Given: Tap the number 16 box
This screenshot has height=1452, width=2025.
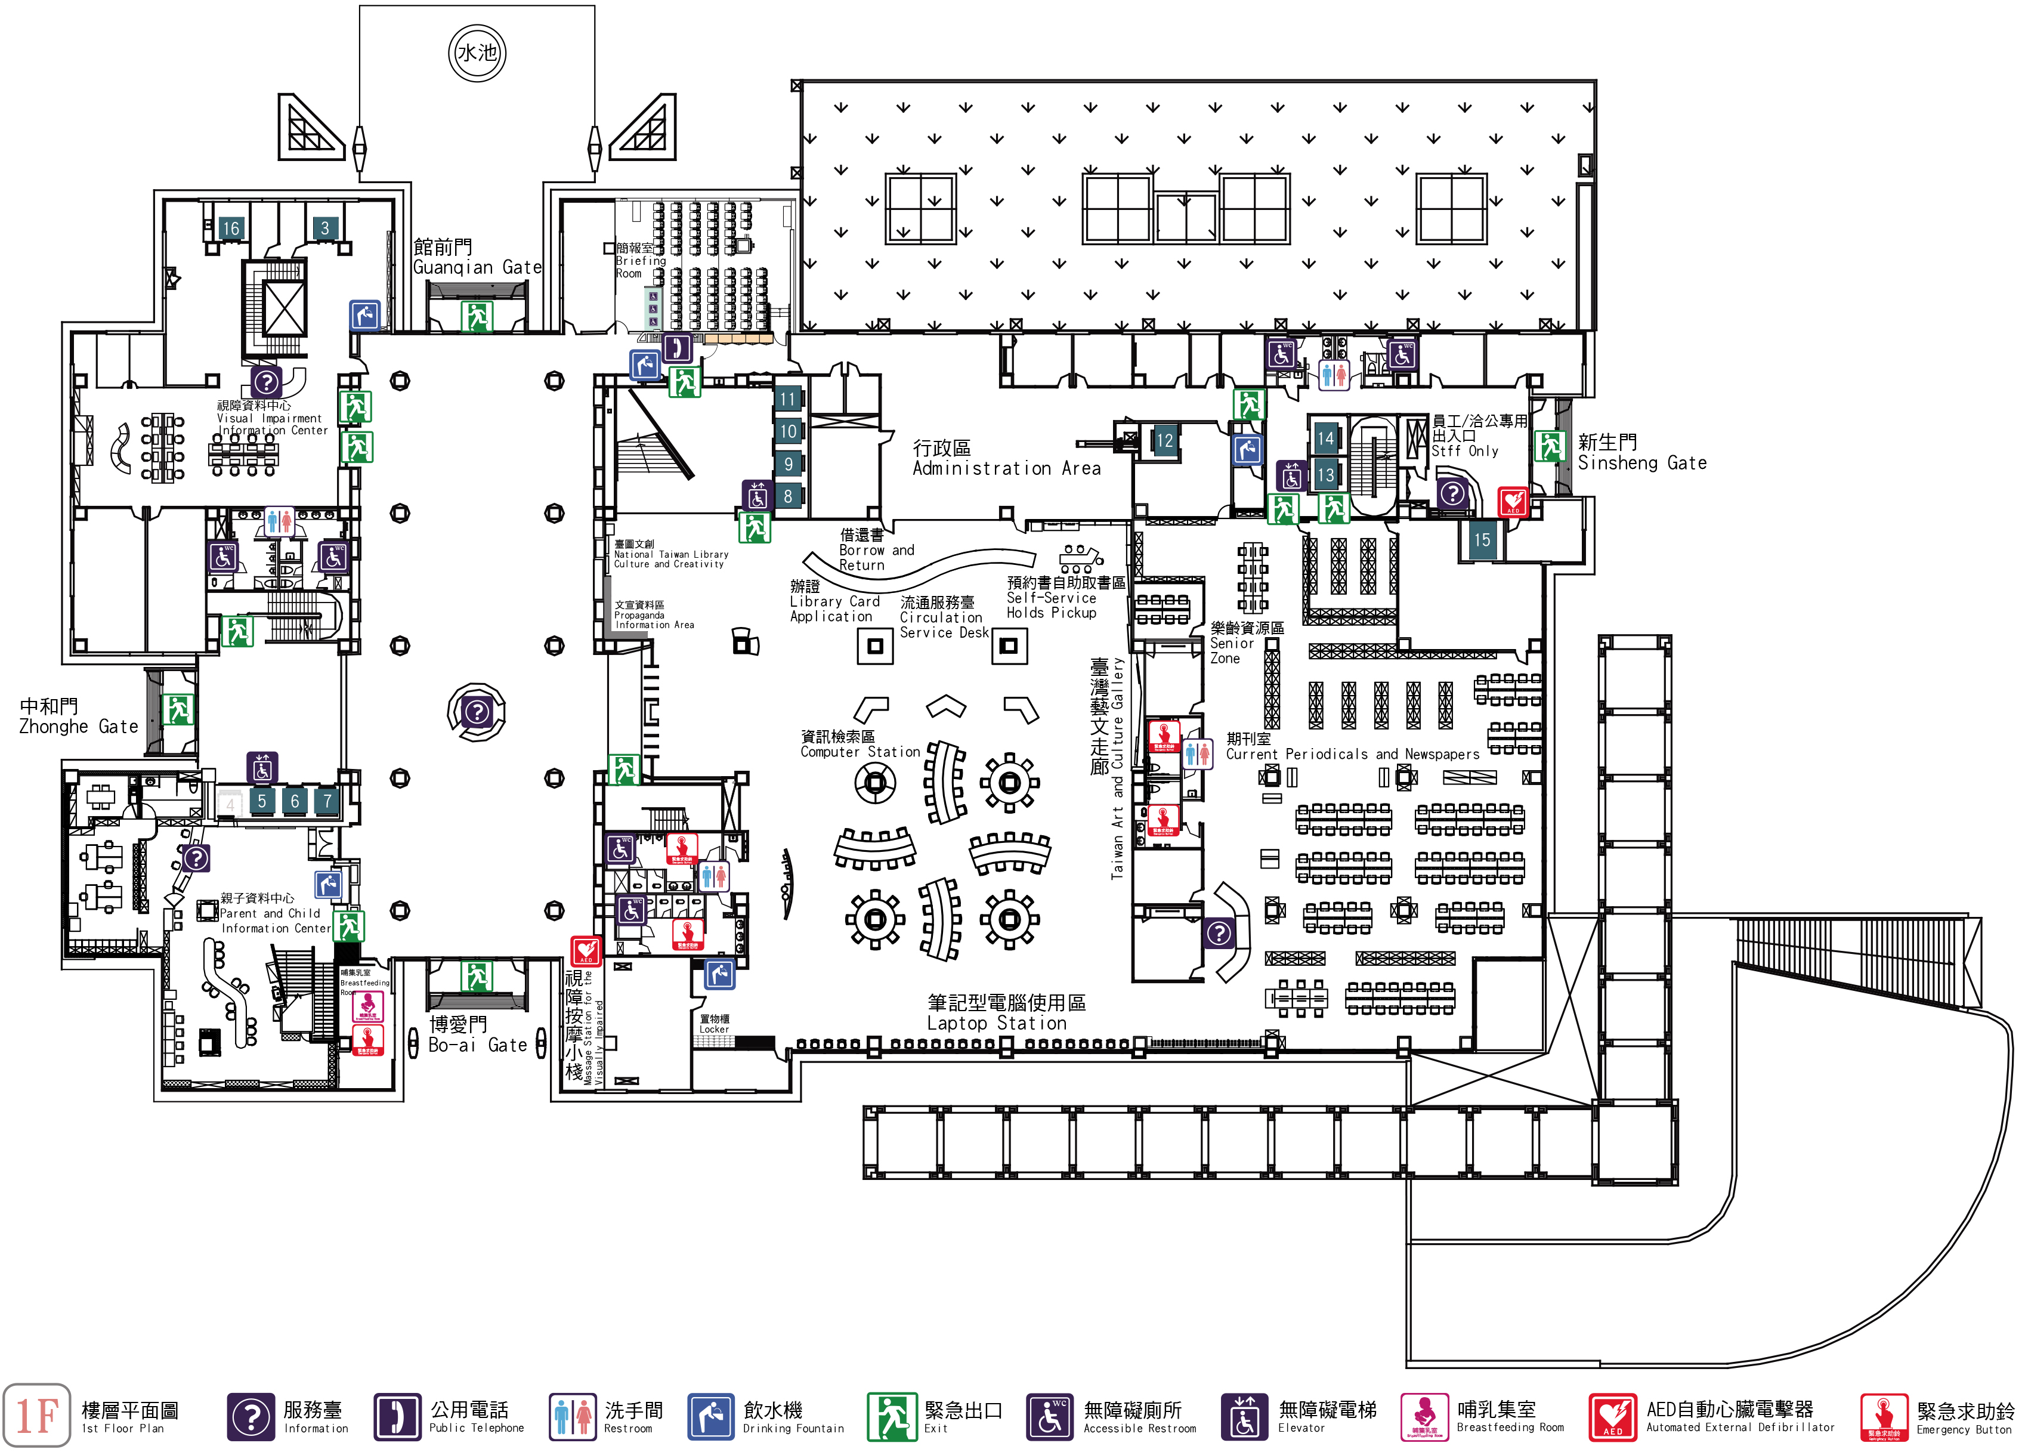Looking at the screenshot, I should click(231, 228).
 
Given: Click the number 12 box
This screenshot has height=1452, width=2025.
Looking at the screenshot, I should click(1164, 440).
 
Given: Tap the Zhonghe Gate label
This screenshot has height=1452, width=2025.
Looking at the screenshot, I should click(79, 717).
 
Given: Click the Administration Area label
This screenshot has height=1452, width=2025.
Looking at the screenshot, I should click(1006, 458).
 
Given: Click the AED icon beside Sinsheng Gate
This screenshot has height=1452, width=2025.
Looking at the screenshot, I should click(1513, 502).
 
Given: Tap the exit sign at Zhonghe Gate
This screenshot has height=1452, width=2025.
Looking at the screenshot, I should click(178, 710).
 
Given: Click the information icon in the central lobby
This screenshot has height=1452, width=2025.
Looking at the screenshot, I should click(477, 712).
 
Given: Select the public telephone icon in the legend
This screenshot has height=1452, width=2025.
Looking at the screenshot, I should click(397, 1416).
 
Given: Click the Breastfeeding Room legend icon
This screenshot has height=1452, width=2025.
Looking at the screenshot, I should click(1424, 1416).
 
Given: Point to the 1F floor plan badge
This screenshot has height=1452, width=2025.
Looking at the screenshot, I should click(36, 1416).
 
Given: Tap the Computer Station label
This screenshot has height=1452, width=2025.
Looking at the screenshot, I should click(859, 744).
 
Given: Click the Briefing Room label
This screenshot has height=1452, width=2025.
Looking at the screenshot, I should click(639, 261).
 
